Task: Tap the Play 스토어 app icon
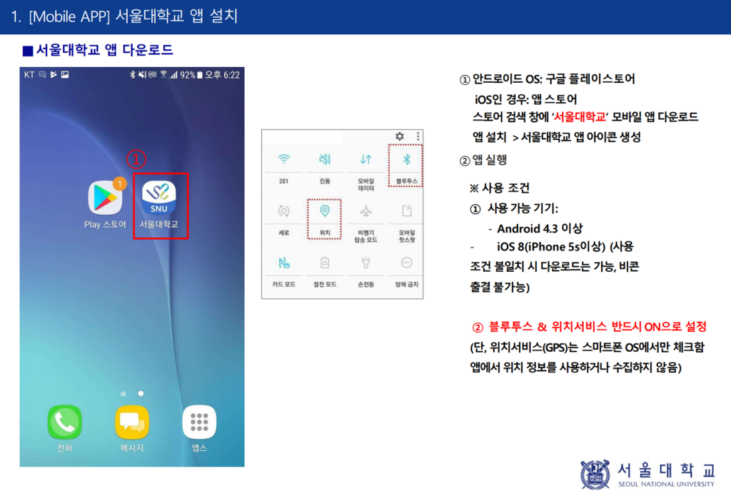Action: [106, 198]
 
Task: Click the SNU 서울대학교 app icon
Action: [159, 198]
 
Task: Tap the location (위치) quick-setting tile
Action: [325, 218]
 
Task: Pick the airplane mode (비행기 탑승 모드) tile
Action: [366, 218]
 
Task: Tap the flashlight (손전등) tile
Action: [366, 270]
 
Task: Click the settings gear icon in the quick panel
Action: [400, 136]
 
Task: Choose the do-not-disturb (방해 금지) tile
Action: [407, 270]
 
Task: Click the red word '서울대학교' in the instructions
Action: [580, 117]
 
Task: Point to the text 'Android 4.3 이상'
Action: [540, 229]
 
